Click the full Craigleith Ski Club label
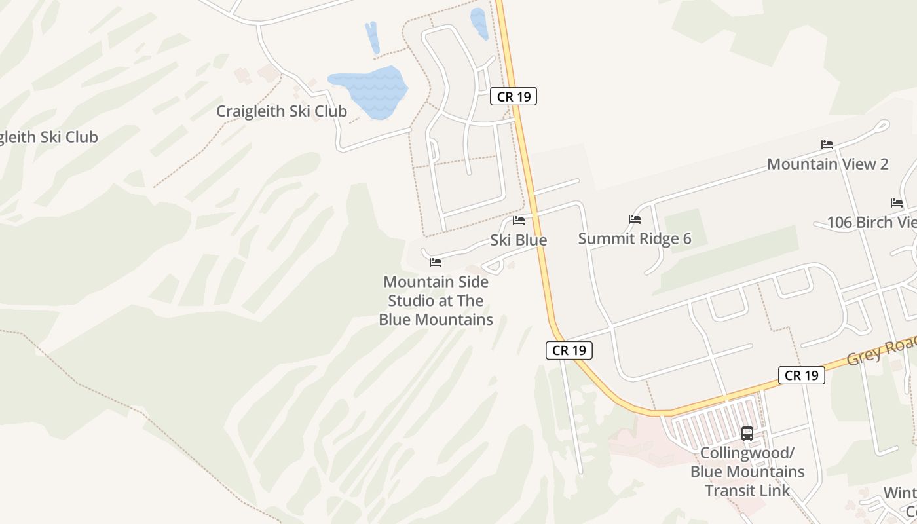coord(282,111)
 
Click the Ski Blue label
coord(519,240)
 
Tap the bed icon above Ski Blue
coord(519,221)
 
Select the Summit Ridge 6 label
coord(634,239)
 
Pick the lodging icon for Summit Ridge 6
coord(634,219)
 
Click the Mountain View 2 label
coord(827,164)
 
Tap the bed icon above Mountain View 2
coord(827,145)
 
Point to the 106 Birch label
coord(871,223)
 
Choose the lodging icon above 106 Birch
coord(897,203)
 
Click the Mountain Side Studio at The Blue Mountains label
coord(436,301)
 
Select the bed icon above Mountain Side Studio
coord(436,263)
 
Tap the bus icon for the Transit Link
coord(747,434)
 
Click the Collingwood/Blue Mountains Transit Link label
coord(747,472)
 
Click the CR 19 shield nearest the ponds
coord(514,97)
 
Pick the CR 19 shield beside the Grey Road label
coord(802,375)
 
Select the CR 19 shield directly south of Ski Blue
coord(569,350)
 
